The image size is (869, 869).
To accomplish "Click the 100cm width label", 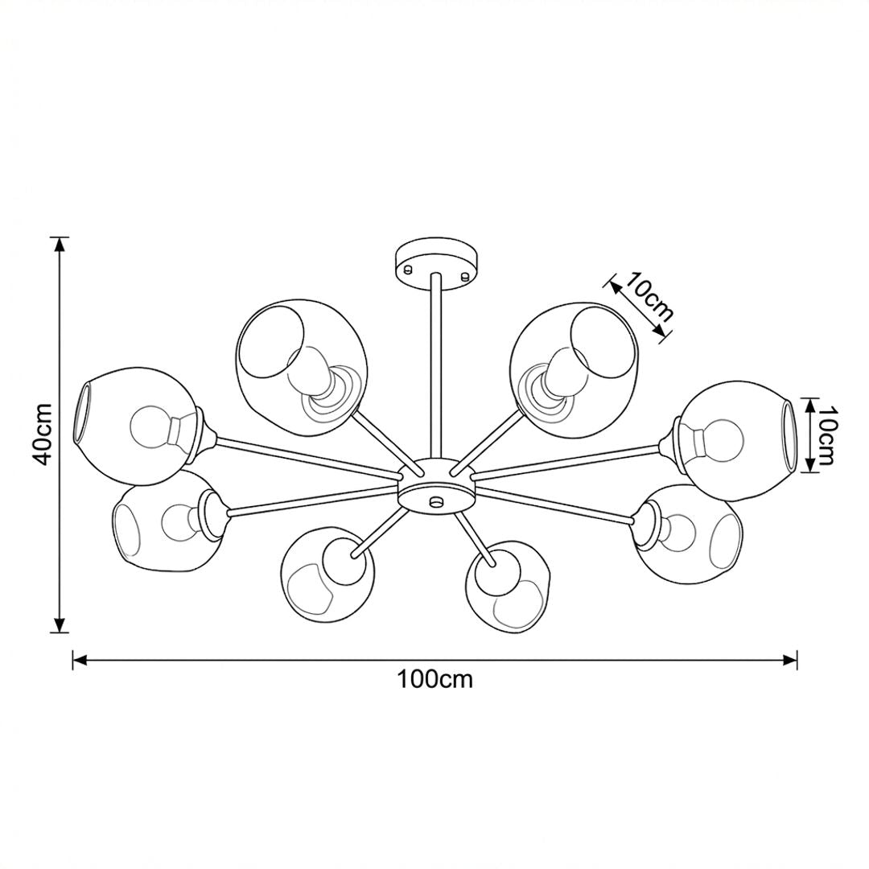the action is [x=434, y=679].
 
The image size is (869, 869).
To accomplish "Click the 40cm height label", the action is [x=43, y=434].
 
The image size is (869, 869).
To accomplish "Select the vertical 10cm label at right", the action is [x=826, y=435].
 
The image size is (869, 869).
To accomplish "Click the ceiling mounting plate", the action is [x=437, y=262].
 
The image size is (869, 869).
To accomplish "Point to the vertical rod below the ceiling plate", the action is [x=435, y=366].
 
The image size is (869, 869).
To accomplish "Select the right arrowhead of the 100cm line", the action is [x=789, y=660].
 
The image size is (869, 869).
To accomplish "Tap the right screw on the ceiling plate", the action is [x=464, y=274].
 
